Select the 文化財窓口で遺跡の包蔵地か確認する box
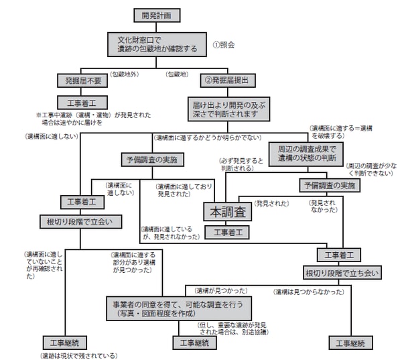pyautogui.click(x=155, y=44)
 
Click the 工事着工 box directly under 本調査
pyautogui.click(x=227, y=232)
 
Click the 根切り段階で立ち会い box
pyautogui.click(x=342, y=272)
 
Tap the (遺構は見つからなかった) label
pyautogui.click(x=308, y=292)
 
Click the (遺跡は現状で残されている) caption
pyautogui.click(x=78, y=355)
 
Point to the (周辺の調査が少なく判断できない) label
pyautogui.click(x=370, y=168)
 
